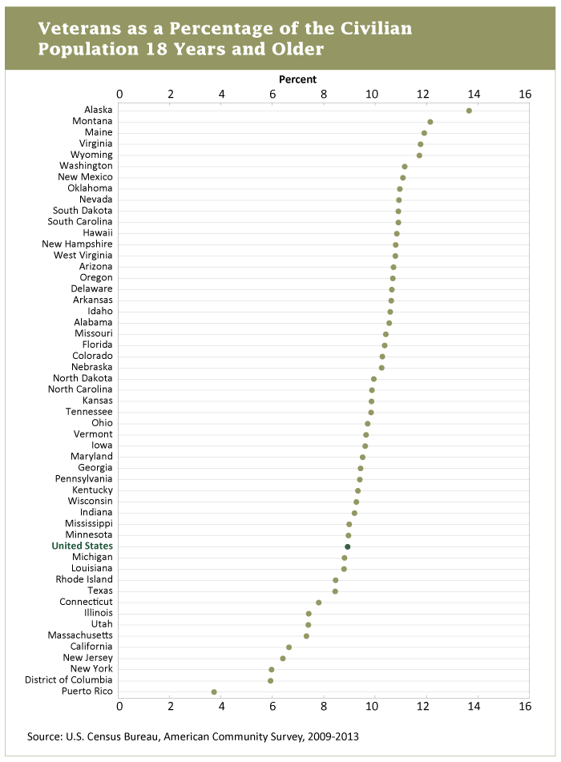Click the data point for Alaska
tap(469, 111)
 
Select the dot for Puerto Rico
tap(214, 691)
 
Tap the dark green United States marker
tap(348, 546)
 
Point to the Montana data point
tap(430, 122)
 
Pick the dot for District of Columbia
tap(270, 680)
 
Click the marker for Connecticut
tap(319, 603)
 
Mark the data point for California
tap(289, 647)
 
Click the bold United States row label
tap(82, 546)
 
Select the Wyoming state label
tap(91, 154)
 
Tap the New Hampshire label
tap(77, 244)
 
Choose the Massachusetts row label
tap(79, 635)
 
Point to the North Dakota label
tap(83, 378)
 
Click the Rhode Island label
tap(84, 579)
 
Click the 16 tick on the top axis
tap(525, 94)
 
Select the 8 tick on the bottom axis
tap(322, 707)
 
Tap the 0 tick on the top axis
tap(120, 94)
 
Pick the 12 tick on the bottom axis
tap(423, 707)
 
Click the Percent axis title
tap(297, 79)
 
